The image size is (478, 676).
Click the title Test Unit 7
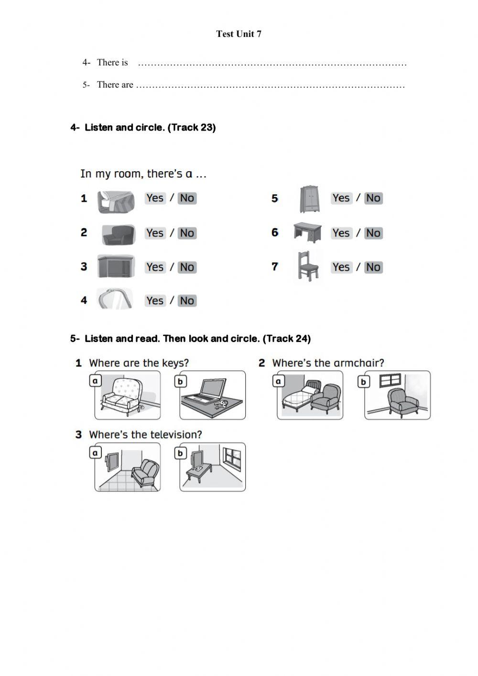click(239, 34)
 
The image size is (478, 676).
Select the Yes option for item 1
click(155, 198)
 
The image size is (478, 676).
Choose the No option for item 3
click(187, 267)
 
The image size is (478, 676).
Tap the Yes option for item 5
click(341, 198)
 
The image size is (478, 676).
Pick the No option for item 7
click(373, 267)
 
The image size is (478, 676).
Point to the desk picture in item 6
click(307, 233)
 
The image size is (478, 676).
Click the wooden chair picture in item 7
click(308, 266)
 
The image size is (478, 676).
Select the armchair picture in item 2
click(119, 234)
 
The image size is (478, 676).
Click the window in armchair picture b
click(389, 381)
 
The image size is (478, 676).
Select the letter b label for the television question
click(180, 453)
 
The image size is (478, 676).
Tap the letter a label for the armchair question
click(278, 381)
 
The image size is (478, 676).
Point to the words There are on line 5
click(115, 85)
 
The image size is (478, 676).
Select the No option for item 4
click(187, 301)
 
